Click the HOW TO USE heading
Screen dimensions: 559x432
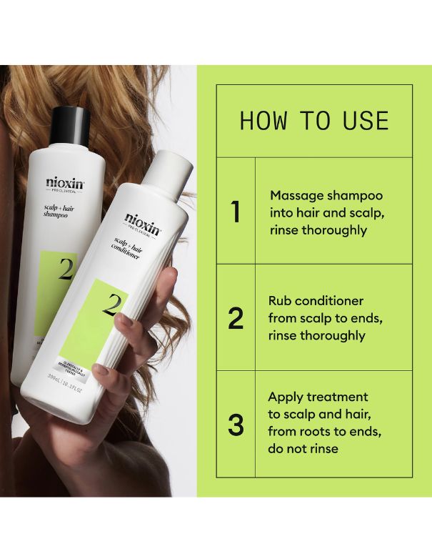[314, 120]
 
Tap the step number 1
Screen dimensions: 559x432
[236, 212]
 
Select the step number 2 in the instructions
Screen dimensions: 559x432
[236, 318]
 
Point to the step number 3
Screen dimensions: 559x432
[236, 424]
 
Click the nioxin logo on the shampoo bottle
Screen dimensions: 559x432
[65, 182]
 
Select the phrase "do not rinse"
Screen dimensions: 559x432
[303, 449]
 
